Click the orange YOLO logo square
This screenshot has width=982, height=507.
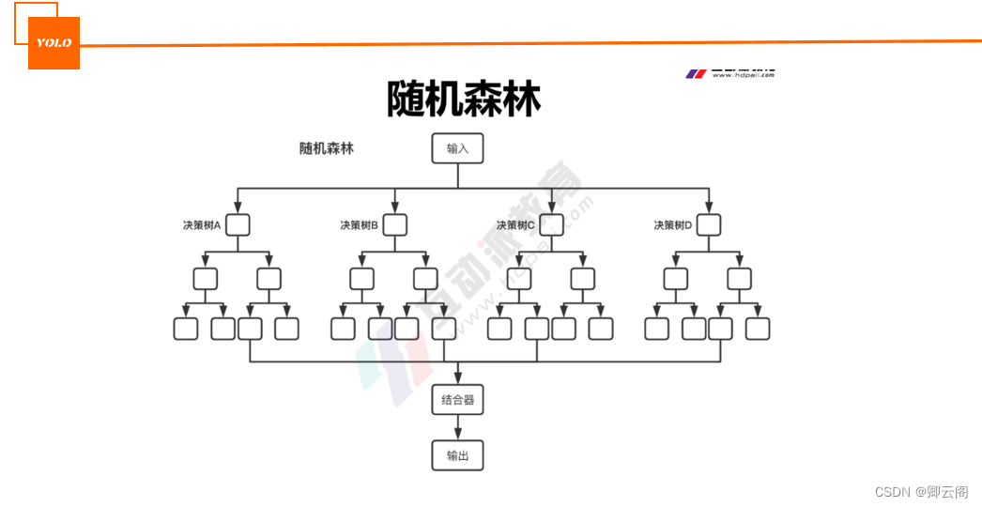click(x=54, y=43)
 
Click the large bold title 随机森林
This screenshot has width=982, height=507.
click(x=464, y=99)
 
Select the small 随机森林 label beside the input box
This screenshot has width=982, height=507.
click(x=327, y=148)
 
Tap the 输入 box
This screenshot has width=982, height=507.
click(x=457, y=148)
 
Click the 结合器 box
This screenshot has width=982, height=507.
click(x=457, y=400)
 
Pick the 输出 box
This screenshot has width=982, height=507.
click(x=457, y=455)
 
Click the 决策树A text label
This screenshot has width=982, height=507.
click(x=202, y=225)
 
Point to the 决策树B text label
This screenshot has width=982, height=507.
click(x=360, y=225)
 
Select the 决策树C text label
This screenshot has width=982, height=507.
click(x=515, y=225)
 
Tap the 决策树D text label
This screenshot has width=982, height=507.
click(x=673, y=225)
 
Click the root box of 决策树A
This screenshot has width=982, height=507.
click(x=238, y=225)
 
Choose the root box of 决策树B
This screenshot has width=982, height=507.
click(x=395, y=225)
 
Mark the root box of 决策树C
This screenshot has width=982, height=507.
click(x=551, y=225)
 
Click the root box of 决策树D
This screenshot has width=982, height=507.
click(x=709, y=225)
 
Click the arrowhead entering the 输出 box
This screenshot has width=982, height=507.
click(x=457, y=435)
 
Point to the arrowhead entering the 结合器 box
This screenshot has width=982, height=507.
click(x=457, y=378)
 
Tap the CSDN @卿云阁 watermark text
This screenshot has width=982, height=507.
click(x=921, y=492)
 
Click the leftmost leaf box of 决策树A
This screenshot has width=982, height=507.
click(x=186, y=329)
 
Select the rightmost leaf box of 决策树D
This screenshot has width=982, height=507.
click(x=758, y=329)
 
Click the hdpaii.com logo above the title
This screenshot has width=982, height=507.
click(x=730, y=73)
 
